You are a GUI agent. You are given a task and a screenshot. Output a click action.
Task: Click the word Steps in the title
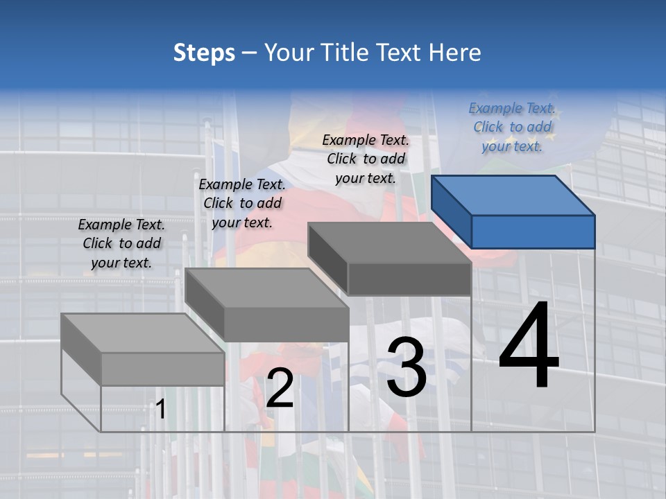[x=204, y=53]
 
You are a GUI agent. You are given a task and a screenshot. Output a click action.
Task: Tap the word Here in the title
[x=455, y=53]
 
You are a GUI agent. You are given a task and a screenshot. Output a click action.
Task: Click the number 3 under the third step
[x=407, y=367]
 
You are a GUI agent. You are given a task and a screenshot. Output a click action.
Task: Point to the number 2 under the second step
[x=280, y=389]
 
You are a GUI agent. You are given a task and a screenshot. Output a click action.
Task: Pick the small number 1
[x=160, y=410]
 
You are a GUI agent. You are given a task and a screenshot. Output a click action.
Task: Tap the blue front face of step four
[x=533, y=231]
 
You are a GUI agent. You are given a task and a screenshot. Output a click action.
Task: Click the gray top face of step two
[x=267, y=288]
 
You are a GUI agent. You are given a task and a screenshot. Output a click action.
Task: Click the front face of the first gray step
[x=162, y=369]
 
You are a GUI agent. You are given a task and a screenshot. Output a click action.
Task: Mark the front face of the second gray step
[x=286, y=324]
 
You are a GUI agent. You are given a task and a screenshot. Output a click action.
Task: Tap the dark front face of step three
[x=409, y=279]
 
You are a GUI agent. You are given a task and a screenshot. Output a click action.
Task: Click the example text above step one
[x=121, y=243]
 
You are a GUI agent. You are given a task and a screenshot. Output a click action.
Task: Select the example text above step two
[x=242, y=203]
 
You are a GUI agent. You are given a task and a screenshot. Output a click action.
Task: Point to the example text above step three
[x=366, y=159]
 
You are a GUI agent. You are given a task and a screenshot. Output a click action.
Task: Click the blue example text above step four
[x=512, y=127]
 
